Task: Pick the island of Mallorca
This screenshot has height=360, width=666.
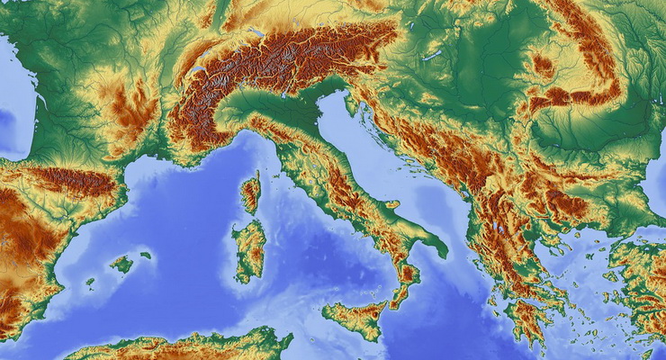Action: (x=121, y=264)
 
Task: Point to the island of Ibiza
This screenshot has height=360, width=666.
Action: (x=90, y=283)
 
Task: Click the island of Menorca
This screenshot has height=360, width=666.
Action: (x=146, y=256)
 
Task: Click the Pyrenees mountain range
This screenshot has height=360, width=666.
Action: (x=76, y=179)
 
